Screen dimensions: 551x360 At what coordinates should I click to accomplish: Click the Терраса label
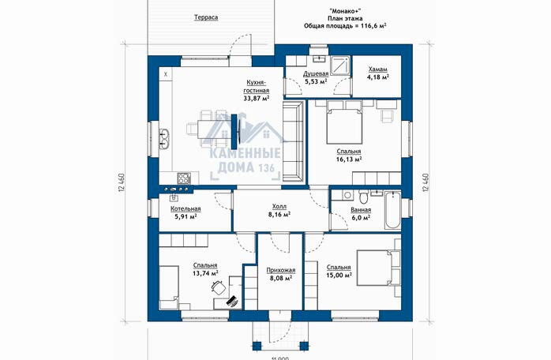tap(206, 17)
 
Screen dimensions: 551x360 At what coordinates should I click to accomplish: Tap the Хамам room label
tap(378, 69)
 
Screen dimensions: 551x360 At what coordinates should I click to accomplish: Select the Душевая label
tap(316, 73)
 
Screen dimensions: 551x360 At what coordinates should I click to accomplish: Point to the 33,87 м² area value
tap(257, 98)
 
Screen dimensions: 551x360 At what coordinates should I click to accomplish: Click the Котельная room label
tap(186, 208)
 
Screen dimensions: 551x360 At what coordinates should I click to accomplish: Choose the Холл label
tap(279, 206)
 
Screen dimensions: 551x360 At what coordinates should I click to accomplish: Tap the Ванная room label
tap(361, 210)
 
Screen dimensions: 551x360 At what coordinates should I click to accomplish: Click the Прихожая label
tap(281, 270)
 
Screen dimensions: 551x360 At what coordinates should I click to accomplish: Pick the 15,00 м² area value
tap(339, 276)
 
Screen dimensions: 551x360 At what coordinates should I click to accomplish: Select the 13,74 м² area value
tap(205, 273)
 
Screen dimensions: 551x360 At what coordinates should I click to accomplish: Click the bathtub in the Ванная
tap(392, 210)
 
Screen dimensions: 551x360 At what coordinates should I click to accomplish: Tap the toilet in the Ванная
tap(363, 197)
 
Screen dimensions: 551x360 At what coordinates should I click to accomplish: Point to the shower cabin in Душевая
tap(340, 66)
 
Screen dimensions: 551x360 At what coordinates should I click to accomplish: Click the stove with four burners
tap(183, 178)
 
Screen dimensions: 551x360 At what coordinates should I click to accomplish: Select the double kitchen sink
tap(165, 138)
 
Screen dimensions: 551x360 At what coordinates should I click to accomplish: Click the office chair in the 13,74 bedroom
tap(219, 287)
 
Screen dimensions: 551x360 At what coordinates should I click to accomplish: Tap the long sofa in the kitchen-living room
tap(293, 141)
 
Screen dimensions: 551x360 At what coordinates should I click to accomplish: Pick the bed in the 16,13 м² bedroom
tap(344, 122)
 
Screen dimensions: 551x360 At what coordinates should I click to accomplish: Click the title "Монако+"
tap(345, 11)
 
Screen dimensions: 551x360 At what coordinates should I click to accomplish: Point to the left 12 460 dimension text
tap(122, 182)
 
